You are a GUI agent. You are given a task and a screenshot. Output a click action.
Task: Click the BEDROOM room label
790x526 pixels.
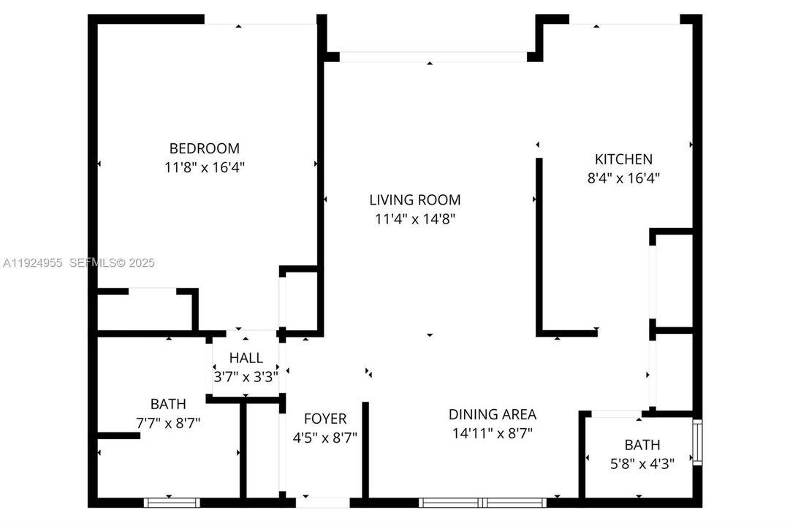coord(204,148)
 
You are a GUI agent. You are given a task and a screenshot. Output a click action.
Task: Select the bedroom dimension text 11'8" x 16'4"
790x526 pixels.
coord(204,167)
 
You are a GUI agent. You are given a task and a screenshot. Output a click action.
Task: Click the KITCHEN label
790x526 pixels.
coord(623,159)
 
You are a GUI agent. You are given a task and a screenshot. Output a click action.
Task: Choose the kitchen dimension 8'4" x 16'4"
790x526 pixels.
coord(623,177)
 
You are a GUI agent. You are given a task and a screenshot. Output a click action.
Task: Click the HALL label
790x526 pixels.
coord(245,358)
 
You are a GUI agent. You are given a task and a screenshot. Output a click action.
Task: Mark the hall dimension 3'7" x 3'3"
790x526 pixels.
coord(246,376)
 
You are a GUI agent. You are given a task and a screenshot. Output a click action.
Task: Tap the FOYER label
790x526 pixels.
coord(325,419)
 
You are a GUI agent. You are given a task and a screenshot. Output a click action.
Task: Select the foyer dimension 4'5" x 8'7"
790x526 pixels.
coord(325,437)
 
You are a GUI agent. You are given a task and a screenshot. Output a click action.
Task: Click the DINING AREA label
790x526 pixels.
coord(492,414)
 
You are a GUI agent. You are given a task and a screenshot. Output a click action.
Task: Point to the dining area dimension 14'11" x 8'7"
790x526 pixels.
coord(492,432)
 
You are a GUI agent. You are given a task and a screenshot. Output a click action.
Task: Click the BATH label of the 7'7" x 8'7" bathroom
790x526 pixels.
coord(168,403)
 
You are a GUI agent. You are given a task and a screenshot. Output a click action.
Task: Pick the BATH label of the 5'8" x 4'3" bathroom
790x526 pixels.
coord(642,444)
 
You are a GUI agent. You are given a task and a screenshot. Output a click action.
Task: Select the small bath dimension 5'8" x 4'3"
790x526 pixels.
coord(642,462)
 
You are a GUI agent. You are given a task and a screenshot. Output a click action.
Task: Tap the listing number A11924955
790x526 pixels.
coord(34,263)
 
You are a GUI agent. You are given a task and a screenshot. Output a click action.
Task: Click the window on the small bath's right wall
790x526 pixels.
coord(697,443)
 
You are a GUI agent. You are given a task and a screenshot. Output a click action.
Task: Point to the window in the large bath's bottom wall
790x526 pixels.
coord(172,503)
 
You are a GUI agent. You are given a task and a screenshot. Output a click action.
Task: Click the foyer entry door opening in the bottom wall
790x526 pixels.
coord(323,503)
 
